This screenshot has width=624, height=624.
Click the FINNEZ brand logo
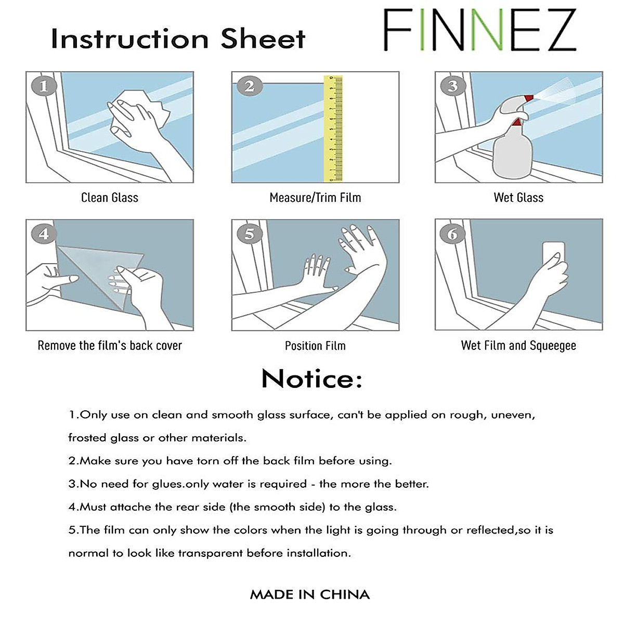click(479, 30)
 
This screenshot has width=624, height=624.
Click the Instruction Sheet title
click(178, 39)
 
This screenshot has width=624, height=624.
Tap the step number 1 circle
click(44, 86)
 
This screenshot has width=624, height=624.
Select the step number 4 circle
click(44, 233)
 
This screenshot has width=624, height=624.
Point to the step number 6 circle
click(452, 234)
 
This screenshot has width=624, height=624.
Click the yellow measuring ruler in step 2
click(333, 128)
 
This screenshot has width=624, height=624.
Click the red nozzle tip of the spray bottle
click(529, 98)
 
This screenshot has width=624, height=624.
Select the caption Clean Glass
click(110, 198)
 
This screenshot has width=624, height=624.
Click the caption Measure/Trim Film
click(315, 198)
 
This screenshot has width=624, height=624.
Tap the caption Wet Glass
click(518, 198)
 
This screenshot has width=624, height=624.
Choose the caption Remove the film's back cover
click(110, 346)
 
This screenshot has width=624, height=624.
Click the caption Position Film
click(315, 346)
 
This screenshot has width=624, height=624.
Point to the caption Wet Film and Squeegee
click(518, 346)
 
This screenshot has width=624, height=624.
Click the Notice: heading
click(311, 379)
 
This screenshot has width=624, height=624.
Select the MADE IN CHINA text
click(310, 594)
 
